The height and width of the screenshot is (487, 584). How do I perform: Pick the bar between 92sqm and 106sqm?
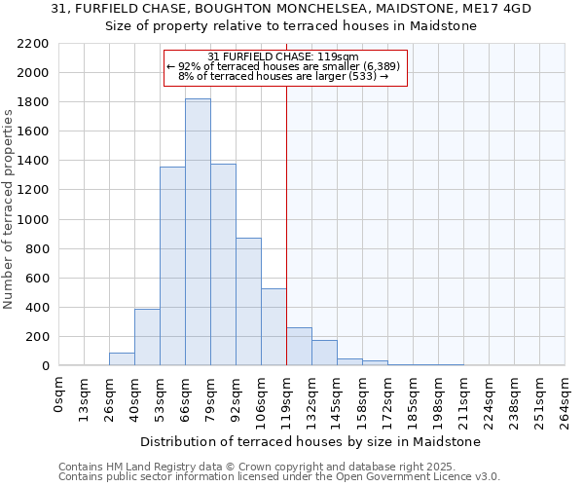(248, 302)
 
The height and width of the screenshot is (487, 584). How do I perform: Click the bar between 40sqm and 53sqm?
(147, 337)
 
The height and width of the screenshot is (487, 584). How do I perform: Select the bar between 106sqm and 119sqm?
(274, 327)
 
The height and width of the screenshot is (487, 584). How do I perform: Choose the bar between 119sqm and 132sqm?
(299, 347)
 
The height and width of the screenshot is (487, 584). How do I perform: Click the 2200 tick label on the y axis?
(33, 44)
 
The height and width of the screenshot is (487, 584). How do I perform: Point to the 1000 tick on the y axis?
(33, 220)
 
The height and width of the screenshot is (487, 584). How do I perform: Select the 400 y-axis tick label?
(37, 308)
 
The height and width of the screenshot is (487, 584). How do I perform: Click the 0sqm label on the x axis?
(59, 394)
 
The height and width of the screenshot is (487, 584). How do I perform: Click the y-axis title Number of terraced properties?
(9, 209)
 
